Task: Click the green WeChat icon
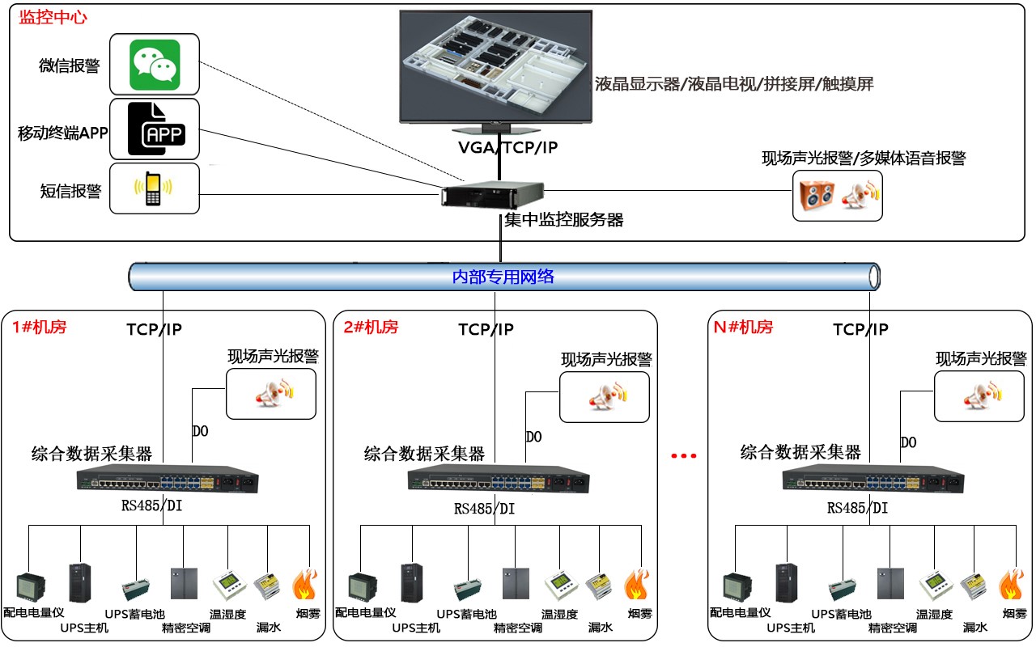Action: (x=155, y=65)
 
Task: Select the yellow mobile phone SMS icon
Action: (x=153, y=189)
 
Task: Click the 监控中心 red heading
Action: (x=53, y=18)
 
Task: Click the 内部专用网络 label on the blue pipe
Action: (x=503, y=277)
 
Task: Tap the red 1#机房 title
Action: (x=39, y=328)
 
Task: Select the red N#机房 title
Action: (x=742, y=328)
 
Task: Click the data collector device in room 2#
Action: (x=499, y=480)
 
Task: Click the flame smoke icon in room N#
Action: (x=1010, y=585)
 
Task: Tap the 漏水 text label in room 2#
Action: (x=601, y=628)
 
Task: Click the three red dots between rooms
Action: (x=684, y=456)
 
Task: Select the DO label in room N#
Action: (x=908, y=443)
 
